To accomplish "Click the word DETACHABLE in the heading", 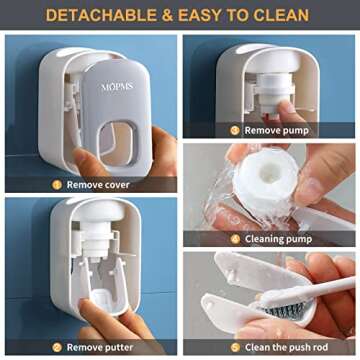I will coord(96,15).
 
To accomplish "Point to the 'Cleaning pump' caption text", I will coord(276,239).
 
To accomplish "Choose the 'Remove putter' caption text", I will coord(99,346).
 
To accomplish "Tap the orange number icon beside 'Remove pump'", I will coord(235,129).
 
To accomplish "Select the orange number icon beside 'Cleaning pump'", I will coord(235,239).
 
